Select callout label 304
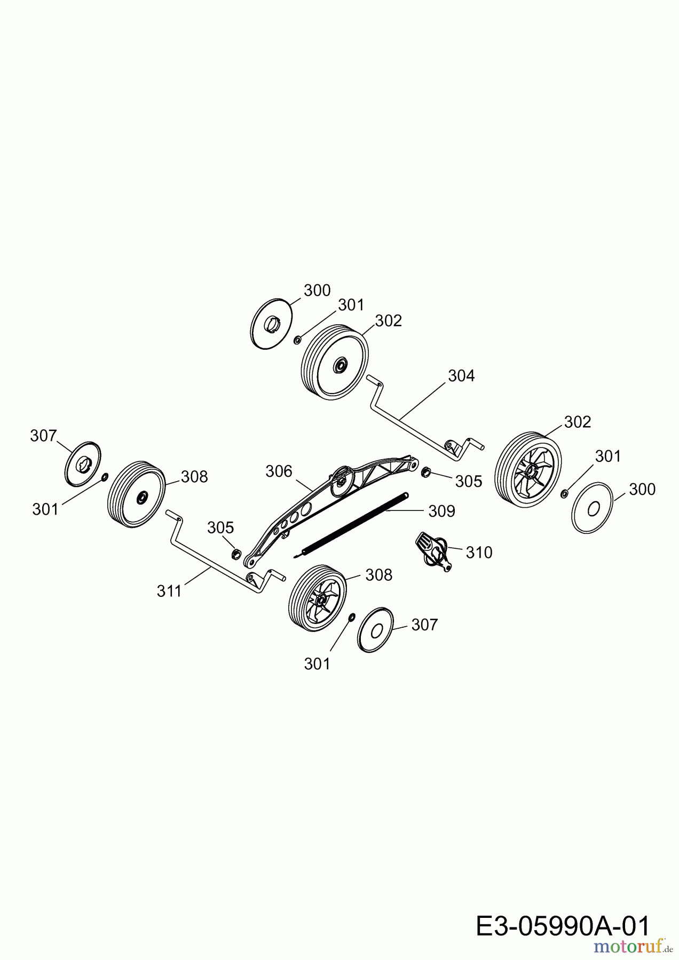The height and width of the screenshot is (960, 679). coord(461,376)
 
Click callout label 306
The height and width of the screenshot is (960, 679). coord(279,471)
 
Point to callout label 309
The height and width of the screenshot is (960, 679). coord(441,511)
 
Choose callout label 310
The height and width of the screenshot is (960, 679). coord(479,552)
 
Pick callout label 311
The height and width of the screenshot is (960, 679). coord(170,591)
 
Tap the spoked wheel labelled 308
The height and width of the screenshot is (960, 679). coord(317,599)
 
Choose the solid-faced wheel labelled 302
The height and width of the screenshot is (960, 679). coord(335,361)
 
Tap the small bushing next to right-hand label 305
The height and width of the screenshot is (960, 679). coord(427,472)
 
